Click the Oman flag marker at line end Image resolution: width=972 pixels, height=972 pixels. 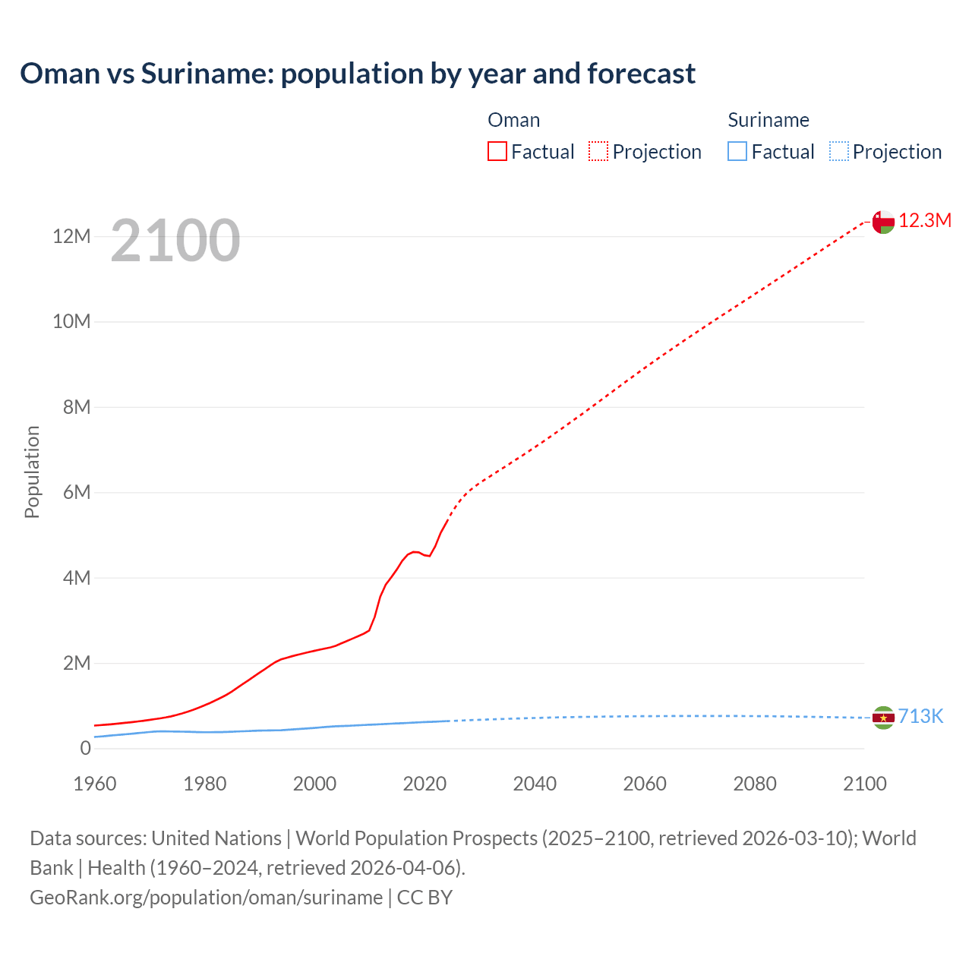coord(883,222)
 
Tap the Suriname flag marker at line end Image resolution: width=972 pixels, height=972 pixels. coord(883,718)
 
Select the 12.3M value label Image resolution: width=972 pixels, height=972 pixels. coord(925,221)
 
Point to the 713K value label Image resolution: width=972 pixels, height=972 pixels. coord(920,717)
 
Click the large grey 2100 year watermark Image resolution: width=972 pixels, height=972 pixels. coord(175,241)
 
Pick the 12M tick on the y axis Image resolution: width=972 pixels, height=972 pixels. coord(71,237)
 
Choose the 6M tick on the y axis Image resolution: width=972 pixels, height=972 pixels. coord(76,493)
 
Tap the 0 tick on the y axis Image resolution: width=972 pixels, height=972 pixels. coord(85,749)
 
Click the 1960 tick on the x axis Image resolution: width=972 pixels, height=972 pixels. coord(95,784)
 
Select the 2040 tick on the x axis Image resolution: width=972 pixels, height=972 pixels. coord(535,784)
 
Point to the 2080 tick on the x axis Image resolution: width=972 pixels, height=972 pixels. coord(755,784)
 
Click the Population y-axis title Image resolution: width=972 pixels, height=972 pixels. coord(32,472)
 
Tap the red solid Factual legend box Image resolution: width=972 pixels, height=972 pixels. coord(497,152)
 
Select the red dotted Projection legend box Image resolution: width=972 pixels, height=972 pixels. coord(598,152)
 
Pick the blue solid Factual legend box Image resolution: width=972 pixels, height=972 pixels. coord(737,152)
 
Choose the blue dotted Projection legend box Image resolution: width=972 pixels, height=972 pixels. coord(839,152)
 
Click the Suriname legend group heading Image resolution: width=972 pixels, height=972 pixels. coord(768,120)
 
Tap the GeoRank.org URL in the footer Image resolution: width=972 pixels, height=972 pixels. coord(206,898)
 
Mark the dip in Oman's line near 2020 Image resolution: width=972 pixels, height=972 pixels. coord(429,556)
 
